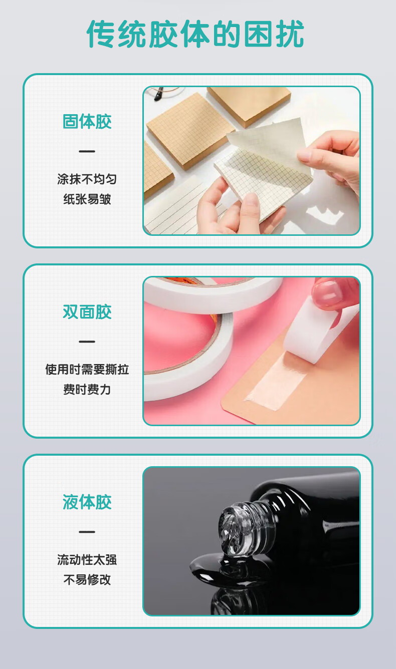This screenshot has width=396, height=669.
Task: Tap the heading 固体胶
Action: [x=87, y=122]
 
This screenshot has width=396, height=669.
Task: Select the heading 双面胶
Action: [x=87, y=312]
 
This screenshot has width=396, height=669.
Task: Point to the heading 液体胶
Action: [x=87, y=502]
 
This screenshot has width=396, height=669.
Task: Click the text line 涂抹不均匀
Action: [x=87, y=179]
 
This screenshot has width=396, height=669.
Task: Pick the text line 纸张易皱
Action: [x=87, y=199]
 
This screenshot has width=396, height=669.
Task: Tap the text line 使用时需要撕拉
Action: [x=87, y=370]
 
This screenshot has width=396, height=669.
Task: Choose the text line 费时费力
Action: [x=87, y=390]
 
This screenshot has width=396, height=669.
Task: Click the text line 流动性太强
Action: [x=87, y=560]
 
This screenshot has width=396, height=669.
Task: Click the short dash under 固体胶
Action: [x=87, y=151]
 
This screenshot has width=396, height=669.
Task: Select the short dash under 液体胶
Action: [x=87, y=532]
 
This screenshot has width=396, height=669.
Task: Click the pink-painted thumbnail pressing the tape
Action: [x=327, y=290]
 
